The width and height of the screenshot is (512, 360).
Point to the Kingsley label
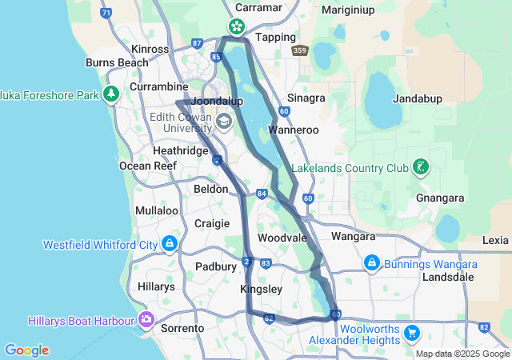(261, 289)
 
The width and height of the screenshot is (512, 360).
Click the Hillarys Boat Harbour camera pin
(146, 321)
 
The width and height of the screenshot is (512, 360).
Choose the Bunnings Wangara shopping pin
(371, 262)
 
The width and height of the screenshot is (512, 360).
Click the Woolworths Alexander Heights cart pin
(413, 332)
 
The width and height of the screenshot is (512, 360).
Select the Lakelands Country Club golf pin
(419, 167)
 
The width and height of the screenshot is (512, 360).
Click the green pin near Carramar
(238, 26)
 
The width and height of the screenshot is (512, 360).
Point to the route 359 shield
(300, 50)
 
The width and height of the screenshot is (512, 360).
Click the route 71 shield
(106, 14)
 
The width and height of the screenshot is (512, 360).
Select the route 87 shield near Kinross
(198, 44)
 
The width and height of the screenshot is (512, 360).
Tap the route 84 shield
(262, 194)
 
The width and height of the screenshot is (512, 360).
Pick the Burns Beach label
(117, 62)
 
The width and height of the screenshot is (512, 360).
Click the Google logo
(27, 350)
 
